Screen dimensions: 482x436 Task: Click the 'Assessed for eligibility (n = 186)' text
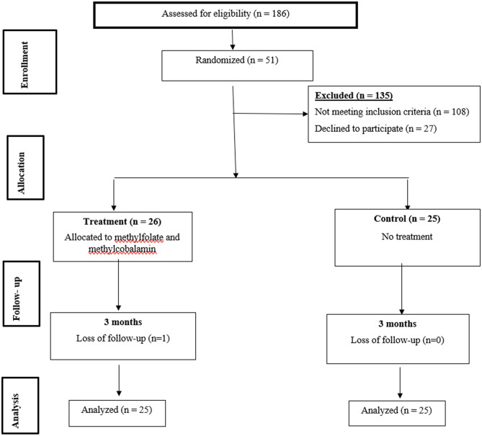[x=226, y=14]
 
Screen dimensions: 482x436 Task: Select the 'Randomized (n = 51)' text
[x=237, y=60]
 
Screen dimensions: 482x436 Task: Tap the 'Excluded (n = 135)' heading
[x=354, y=96]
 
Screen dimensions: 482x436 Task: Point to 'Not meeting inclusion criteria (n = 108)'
[x=392, y=112]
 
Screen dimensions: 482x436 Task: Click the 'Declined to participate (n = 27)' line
[x=375, y=128]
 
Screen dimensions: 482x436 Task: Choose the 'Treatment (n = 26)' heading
[x=122, y=222]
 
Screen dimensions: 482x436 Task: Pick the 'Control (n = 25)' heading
[x=407, y=219]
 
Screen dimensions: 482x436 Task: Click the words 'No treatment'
[x=407, y=236]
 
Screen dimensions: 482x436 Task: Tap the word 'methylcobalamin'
[x=122, y=249]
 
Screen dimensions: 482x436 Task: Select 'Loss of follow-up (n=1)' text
[x=123, y=338]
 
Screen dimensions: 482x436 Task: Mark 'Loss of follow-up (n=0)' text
[x=398, y=340]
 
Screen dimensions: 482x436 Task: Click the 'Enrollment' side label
[x=24, y=65]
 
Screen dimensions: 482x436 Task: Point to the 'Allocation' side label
[x=21, y=173]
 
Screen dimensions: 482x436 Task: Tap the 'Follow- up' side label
[x=17, y=299]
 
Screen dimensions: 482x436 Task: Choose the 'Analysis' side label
[x=15, y=411]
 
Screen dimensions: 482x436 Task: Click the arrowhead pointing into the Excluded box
[x=305, y=114]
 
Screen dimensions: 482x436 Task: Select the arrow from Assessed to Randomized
[x=233, y=40]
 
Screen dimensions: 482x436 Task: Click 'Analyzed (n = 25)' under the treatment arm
[x=117, y=410]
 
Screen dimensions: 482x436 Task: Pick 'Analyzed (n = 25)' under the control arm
[x=396, y=411]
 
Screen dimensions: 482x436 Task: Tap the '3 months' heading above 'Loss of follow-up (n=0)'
[x=398, y=324]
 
